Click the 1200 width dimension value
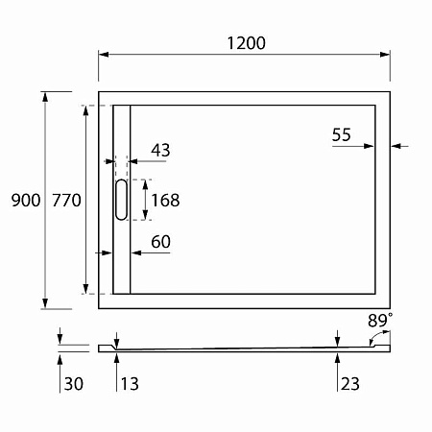point(245,43)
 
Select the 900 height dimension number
point(24,201)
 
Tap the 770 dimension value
point(65,201)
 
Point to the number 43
point(160,150)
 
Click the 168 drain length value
point(165,201)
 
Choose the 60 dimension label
point(160,242)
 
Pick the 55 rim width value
point(342,135)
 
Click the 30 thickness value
point(73,384)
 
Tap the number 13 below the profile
point(130,384)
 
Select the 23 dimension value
point(348,384)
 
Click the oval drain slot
point(120,201)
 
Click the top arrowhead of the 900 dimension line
point(45,97)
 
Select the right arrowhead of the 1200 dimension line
point(386,55)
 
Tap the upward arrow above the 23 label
point(337,358)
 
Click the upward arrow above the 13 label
point(116,358)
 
